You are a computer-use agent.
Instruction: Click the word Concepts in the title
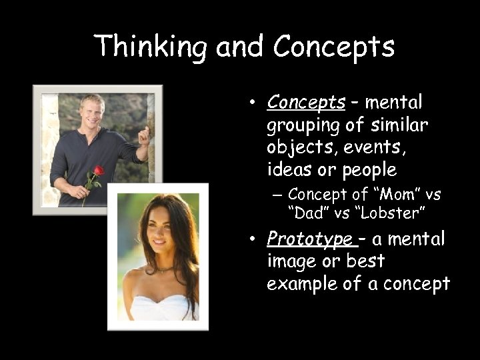coord(334,47)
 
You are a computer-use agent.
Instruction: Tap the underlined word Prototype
coord(309,239)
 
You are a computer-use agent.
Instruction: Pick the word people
coord(369,170)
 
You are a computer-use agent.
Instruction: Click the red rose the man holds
coord(98,171)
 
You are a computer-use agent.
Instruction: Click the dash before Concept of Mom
coord(277,195)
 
